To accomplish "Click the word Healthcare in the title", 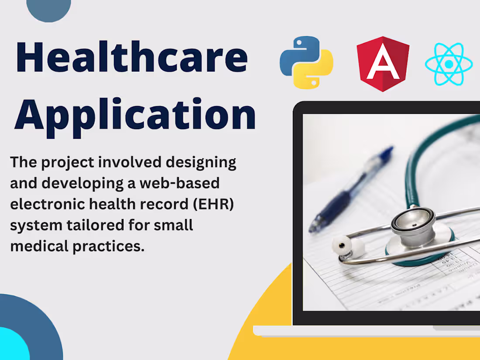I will tap(131, 58).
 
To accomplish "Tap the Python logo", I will tap(306, 62).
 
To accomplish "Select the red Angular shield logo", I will tap(383, 64).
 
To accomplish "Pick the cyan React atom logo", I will tap(448, 64).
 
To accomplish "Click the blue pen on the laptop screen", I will tap(349, 190).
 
